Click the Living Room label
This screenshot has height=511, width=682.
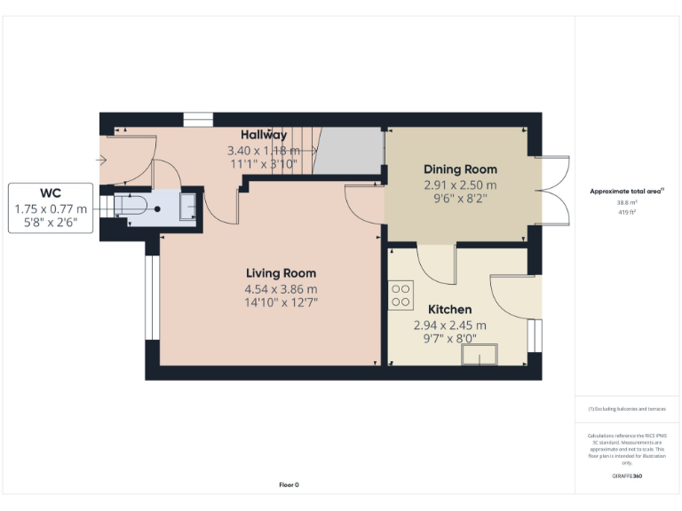pyautogui.click(x=281, y=273)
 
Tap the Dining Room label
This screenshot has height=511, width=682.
pyautogui.click(x=460, y=169)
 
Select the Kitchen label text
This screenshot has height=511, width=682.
pyautogui.click(x=449, y=310)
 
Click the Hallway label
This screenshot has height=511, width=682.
pyautogui.click(x=264, y=135)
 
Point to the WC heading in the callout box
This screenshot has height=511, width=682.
pyautogui.click(x=51, y=193)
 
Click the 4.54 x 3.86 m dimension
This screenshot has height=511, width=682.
pyautogui.click(x=281, y=289)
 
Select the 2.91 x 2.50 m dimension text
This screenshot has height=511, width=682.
pyautogui.click(x=460, y=185)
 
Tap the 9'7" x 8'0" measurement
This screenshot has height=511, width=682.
pyautogui.click(x=449, y=338)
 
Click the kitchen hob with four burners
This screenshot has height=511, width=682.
pyautogui.click(x=400, y=295)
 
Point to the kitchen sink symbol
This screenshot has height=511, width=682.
pyautogui.click(x=479, y=357)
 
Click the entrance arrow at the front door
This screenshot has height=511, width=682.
pyautogui.click(x=102, y=161)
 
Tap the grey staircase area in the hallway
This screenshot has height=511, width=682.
pyautogui.click(x=350, y=151)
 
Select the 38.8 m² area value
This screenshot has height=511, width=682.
pyautogui.click(x=627, y=202)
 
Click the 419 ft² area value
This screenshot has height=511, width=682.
pyautogui.click(x=627, y=213)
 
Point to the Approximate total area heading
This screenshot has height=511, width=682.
pyautogui.click(x=627, y=191)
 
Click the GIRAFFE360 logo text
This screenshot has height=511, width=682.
pyautogui.click(x=627, y=476)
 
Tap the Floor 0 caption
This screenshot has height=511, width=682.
pyautogui.click(x=289, y=485)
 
